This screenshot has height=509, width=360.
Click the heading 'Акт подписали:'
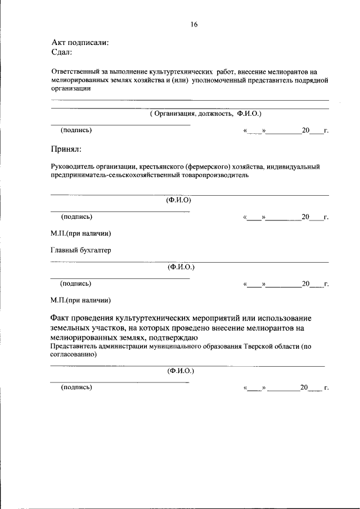[80, 42]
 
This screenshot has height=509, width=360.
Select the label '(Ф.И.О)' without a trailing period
[178, 200]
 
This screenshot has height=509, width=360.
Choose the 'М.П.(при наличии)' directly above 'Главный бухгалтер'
[80, 233]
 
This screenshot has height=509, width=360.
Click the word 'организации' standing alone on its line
[70, 88]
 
